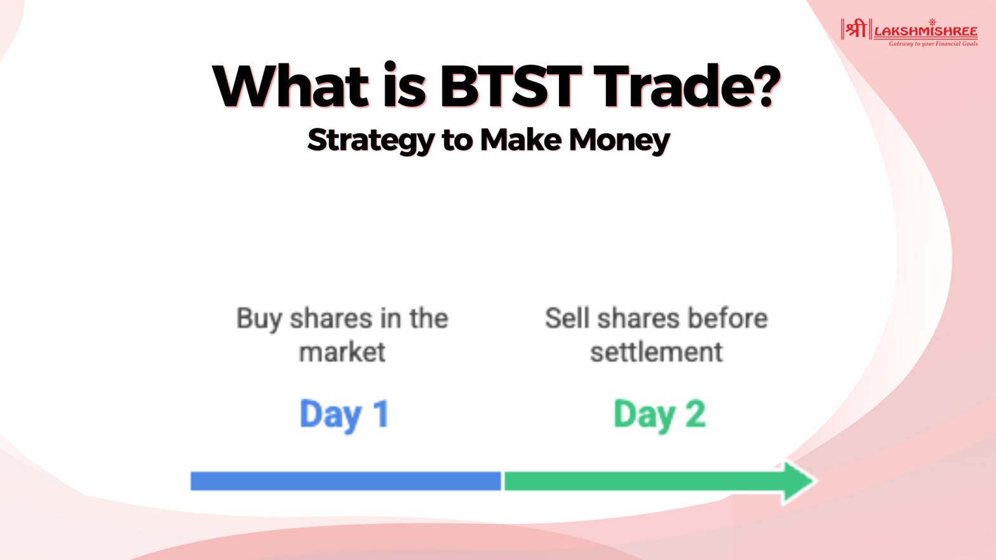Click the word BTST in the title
[x=511, y=86]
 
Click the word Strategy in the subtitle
[x=371, y=141]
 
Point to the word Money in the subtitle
[x=619, y=141]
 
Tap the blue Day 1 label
[x=344, y=415]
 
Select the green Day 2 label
[x=659, y=415]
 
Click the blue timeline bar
[x=346, y=481]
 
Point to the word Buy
[x=259, y=319]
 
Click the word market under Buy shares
[x=342, y=352]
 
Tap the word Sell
[x=567, y=318]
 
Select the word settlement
[x=656, y=352]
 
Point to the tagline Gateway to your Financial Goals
[x=933, y=44]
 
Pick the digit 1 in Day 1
[x=382, y=413]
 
